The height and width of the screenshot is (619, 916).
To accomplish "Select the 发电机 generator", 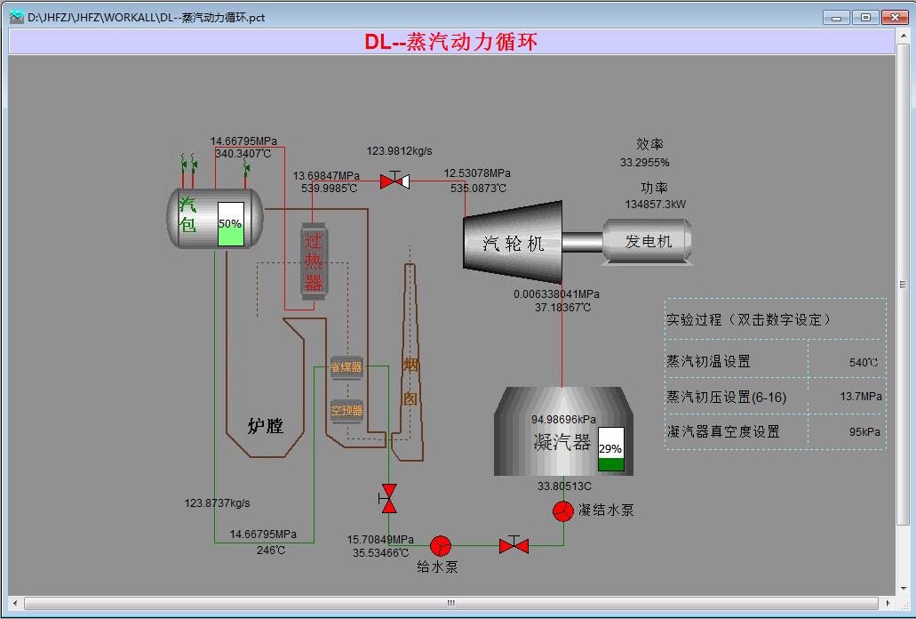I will pyautogui.click(x=648, y=241).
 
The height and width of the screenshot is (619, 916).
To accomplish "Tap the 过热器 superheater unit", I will pyautogui.click(x=314, y=261).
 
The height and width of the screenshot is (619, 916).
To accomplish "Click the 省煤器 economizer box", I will pyautogui.click(x=346, y=366).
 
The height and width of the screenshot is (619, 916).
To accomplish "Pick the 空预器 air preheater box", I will pyautogui.click(x=346, y=410).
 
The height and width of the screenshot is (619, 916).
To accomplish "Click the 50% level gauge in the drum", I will pyautogui.click(x=230, y=223).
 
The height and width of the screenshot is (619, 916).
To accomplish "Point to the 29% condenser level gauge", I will pyautogui.click(x=610, y=449).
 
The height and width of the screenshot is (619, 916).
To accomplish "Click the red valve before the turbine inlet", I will pyautogui.click(x=394, y=181).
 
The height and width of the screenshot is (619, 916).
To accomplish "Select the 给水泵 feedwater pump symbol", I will pyautogui.click(x=440, y=545).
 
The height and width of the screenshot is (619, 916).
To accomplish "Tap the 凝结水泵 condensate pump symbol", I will pyautogui.click(x=562, y=510).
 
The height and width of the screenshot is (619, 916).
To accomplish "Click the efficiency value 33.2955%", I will pyautogui.click(x=644, y=163).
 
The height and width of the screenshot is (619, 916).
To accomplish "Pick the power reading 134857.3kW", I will pyautogui.click(x=655, y=204).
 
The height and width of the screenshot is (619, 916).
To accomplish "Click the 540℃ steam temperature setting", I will pyautogui.click(x=863, y=362).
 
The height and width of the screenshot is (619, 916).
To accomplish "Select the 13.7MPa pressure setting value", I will pyautogui.click(x=861, y=397).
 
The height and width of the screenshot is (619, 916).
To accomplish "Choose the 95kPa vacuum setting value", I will pyautogui.click(x=864, y=431).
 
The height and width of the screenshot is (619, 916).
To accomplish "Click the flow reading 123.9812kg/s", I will pyautogui.click(x=405, y=151).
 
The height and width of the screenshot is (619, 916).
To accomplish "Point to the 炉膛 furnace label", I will pyautogui.click(x=265, y=426).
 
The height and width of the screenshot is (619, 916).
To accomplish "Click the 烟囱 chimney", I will pyautogui.click(x=410, y=374).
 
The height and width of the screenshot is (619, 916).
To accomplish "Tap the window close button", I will pyautogui.click(x=893, y=17).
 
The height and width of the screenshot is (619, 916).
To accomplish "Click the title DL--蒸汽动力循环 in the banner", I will pyautogui.click(x=450, y=42).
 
